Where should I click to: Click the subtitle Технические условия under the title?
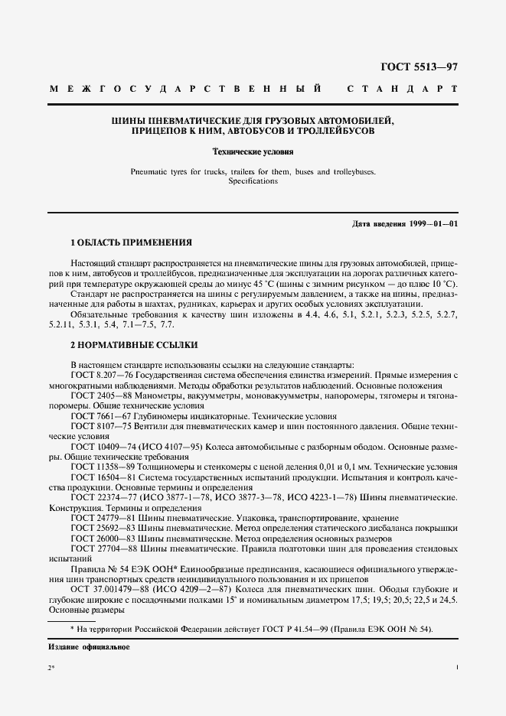tap(253, 152)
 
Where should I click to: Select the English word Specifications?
tap(253, 181)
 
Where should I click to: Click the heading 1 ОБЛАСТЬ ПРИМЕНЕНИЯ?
tap(130, 242)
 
